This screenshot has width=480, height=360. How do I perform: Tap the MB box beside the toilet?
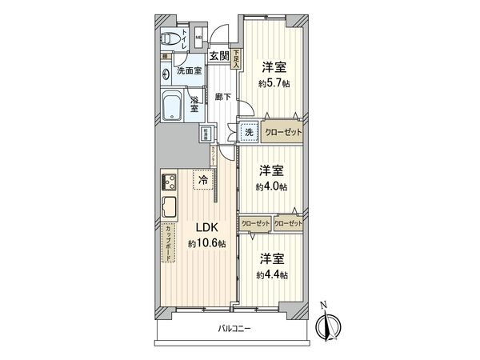pos(199,38)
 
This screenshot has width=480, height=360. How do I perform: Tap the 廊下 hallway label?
pos(223,97)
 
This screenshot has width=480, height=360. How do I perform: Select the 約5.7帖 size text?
pos(273,82)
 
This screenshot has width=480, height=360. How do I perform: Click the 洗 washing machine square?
pos(249,132)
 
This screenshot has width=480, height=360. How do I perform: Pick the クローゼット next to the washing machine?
pos(283,132)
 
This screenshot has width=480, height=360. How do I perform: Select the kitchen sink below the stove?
pos(170,207)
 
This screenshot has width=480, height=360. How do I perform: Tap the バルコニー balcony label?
pos(234,328)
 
